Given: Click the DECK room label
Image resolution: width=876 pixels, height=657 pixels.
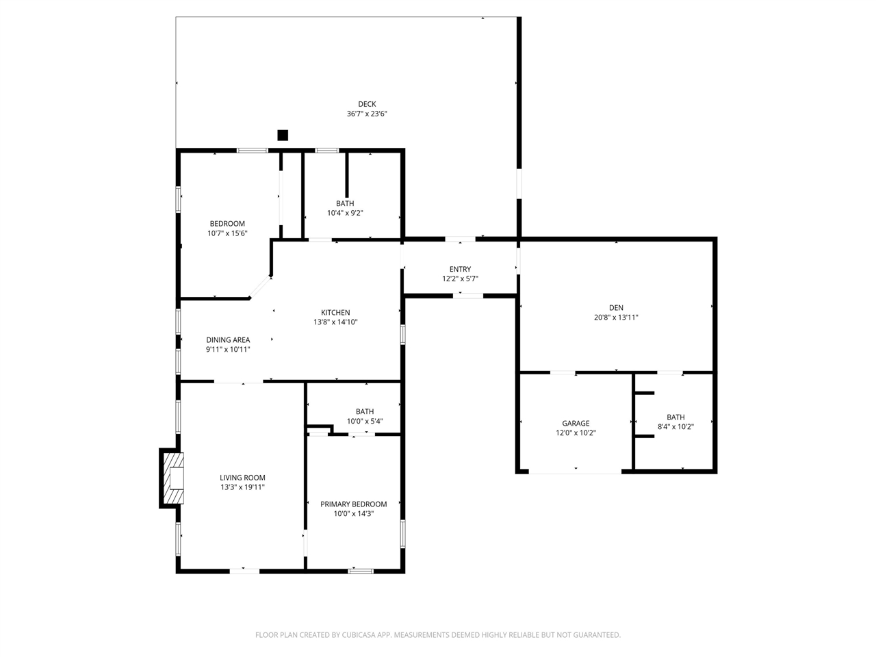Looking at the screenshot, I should click(367, 104).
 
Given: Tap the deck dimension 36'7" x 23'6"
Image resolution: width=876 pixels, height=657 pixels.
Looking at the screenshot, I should click(367, 114).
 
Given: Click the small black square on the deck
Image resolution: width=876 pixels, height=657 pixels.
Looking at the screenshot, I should click(283, 135).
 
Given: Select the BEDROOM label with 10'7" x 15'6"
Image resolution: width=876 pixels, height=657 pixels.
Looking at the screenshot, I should click(227, 224).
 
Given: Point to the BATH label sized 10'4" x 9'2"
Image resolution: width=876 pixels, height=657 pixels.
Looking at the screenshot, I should click(345, 203).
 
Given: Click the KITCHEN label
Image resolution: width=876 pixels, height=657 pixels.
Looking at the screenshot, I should click(335, 313).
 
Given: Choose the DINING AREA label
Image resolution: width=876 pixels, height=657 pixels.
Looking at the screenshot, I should click(228, 340).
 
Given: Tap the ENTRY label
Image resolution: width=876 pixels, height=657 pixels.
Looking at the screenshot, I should click(460, 269).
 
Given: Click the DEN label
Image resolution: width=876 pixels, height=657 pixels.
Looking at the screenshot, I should click(616, 308).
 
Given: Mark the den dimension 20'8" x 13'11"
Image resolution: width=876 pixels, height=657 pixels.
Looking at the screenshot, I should click(616, 318).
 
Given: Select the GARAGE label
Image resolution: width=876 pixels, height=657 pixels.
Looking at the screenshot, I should click(576, 424).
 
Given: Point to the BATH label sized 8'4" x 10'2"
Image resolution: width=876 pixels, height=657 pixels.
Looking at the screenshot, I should click(675, 417).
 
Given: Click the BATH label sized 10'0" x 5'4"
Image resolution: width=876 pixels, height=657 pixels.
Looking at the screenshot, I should click(365, 412).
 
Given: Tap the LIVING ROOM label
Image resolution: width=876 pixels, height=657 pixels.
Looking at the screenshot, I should click(242, 478).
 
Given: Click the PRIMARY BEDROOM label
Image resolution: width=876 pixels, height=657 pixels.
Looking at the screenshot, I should click(354, 504).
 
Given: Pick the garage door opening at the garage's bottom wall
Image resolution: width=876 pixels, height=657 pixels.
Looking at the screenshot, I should click(575, 472).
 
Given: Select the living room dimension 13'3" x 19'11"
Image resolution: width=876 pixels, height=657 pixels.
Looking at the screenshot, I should click(242, 488).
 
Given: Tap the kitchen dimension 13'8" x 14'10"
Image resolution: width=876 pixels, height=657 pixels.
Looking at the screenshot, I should click(335, 322).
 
